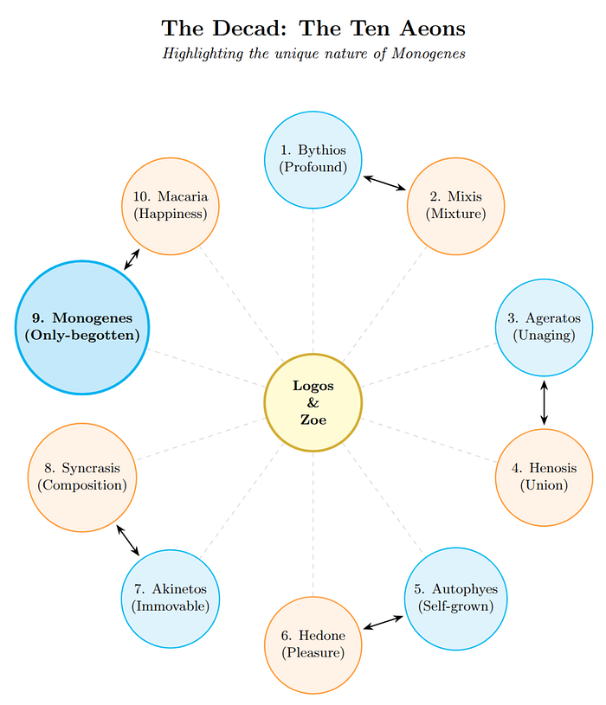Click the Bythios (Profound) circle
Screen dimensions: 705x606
click(x=313, y=160)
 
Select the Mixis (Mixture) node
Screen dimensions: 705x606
click(x=455, y=206)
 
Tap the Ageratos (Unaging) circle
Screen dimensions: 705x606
click(x=544, y=327)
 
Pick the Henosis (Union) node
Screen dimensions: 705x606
click(x=544, y=477)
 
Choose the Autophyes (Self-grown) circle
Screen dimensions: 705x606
click(x=455, y=598)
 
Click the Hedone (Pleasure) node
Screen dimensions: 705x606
click(x=313, y=644)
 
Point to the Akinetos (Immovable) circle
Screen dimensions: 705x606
click(x=170, y=598)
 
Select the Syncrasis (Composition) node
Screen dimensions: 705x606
click(x=82, y=477)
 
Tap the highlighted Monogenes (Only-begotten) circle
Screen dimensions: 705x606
click(x=82, y=327)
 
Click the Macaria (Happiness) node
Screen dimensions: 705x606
click(x=170, y=206)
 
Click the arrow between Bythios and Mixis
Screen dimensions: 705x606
click(x=384, y=183)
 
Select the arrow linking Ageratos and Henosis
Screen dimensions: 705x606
click(x=544, y=402)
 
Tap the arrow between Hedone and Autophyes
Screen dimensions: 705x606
click(x=384, y=621)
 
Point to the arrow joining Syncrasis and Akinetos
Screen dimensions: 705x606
click(x=127, y=539)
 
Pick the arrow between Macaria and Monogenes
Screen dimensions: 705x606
click(x=132, y=259)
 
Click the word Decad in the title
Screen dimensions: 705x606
click(x=255, y=29)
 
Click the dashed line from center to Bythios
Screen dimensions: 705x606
click(x=313, y=285)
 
